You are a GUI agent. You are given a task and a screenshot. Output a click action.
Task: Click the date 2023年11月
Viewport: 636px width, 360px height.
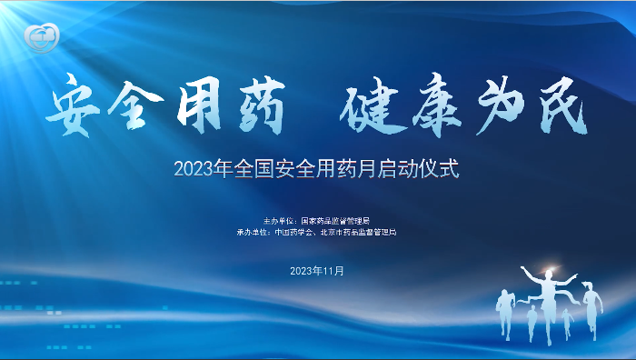tap(317, 271)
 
